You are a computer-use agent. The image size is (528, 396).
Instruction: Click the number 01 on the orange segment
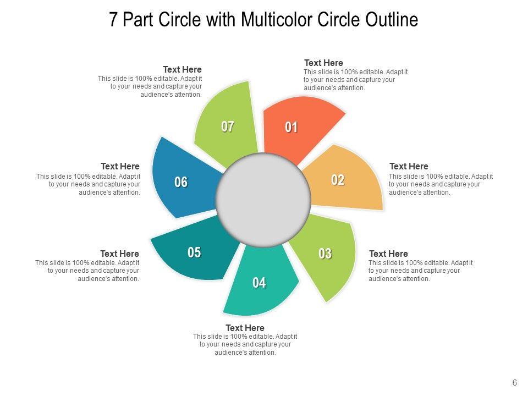[291, 128]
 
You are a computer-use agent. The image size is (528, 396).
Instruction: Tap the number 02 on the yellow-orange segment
[338, 180]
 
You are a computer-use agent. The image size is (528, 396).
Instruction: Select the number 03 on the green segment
[325, 254]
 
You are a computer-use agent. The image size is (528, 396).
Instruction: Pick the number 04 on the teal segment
[259, 283]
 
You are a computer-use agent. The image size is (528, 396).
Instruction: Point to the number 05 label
[194, 252]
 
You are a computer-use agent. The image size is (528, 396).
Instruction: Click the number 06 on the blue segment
[181, 182]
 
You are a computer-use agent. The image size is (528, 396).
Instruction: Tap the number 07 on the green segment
[228, 127]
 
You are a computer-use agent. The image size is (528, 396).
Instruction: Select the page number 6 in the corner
[515, 383]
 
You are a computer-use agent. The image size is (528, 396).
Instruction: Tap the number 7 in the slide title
[113, 20]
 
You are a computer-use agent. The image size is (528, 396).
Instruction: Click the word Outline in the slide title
[392, 20]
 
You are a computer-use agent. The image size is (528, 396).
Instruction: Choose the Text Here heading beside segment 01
[323, 63]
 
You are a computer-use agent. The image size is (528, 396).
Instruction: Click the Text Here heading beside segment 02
[409, 166]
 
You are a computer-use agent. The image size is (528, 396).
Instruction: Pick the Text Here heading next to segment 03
[388, 254]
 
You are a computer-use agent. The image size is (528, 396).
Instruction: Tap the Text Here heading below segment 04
[245, 328]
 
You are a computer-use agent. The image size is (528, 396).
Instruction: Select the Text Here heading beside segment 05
[119, 254]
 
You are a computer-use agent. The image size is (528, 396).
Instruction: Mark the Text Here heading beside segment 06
[120, 166]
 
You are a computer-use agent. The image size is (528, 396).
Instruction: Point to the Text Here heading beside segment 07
[182, 69]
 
